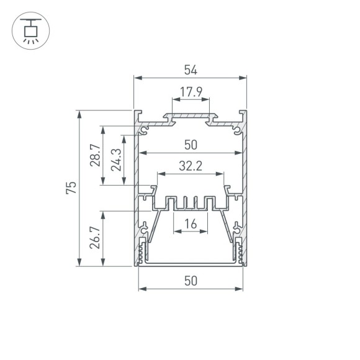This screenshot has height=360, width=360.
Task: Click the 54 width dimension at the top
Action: coord(191,70)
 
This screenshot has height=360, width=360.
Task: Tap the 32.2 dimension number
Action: coord(191,166)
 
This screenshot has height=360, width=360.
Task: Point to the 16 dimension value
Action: coord(191,224)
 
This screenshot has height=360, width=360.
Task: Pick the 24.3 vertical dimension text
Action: coord(115,160)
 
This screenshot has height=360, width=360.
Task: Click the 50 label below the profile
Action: coord(191,281)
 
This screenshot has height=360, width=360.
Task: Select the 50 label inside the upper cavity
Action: coord(191,145)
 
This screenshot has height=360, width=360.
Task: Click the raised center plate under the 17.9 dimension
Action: coord(191,116)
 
